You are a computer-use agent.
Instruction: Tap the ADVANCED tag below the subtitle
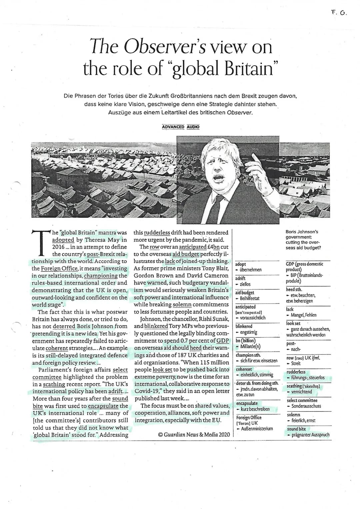point(173,127)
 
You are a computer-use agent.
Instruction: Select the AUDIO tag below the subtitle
point(193,127)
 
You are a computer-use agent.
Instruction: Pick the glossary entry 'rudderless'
point(296,372)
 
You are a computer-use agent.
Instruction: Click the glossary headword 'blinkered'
point(244,326)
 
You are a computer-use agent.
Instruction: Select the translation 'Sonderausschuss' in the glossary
point(306,406)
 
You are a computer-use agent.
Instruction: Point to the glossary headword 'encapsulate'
point(247,403)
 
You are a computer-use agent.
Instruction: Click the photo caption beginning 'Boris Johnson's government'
point(303,240)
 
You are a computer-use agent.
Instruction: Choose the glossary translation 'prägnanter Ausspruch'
point(310,435)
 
